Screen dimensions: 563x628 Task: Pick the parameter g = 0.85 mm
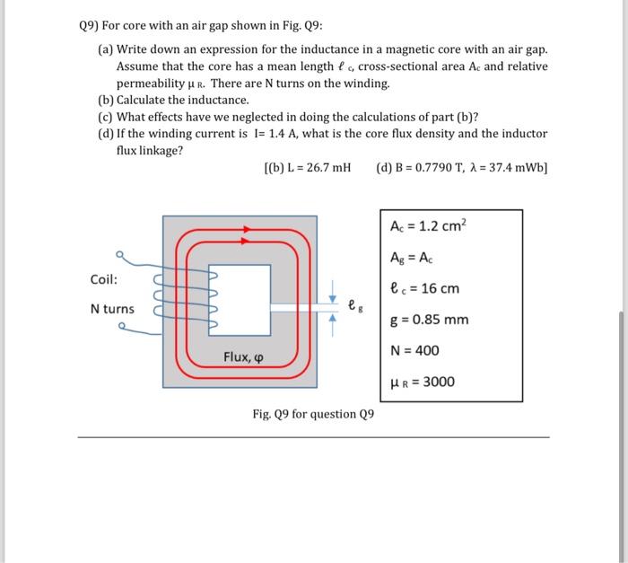pos(430,320)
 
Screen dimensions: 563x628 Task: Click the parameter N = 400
pos(414,350)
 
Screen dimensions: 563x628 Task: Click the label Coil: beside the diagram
pos(105,278)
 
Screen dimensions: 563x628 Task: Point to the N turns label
pos(112,309)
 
